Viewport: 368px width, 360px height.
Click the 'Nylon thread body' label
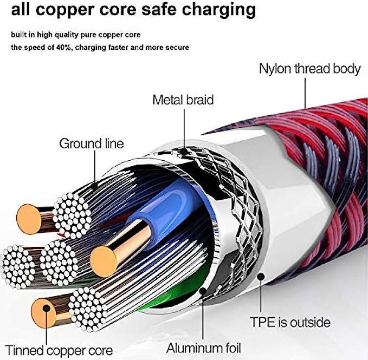309,69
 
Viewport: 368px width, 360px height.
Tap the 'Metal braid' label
183,100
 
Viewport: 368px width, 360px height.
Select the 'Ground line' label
91,143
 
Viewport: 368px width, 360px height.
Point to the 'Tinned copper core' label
60,349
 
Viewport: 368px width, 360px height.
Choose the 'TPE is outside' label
290,322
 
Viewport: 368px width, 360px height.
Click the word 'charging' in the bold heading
221,9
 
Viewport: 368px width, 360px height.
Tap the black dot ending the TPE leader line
261,277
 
